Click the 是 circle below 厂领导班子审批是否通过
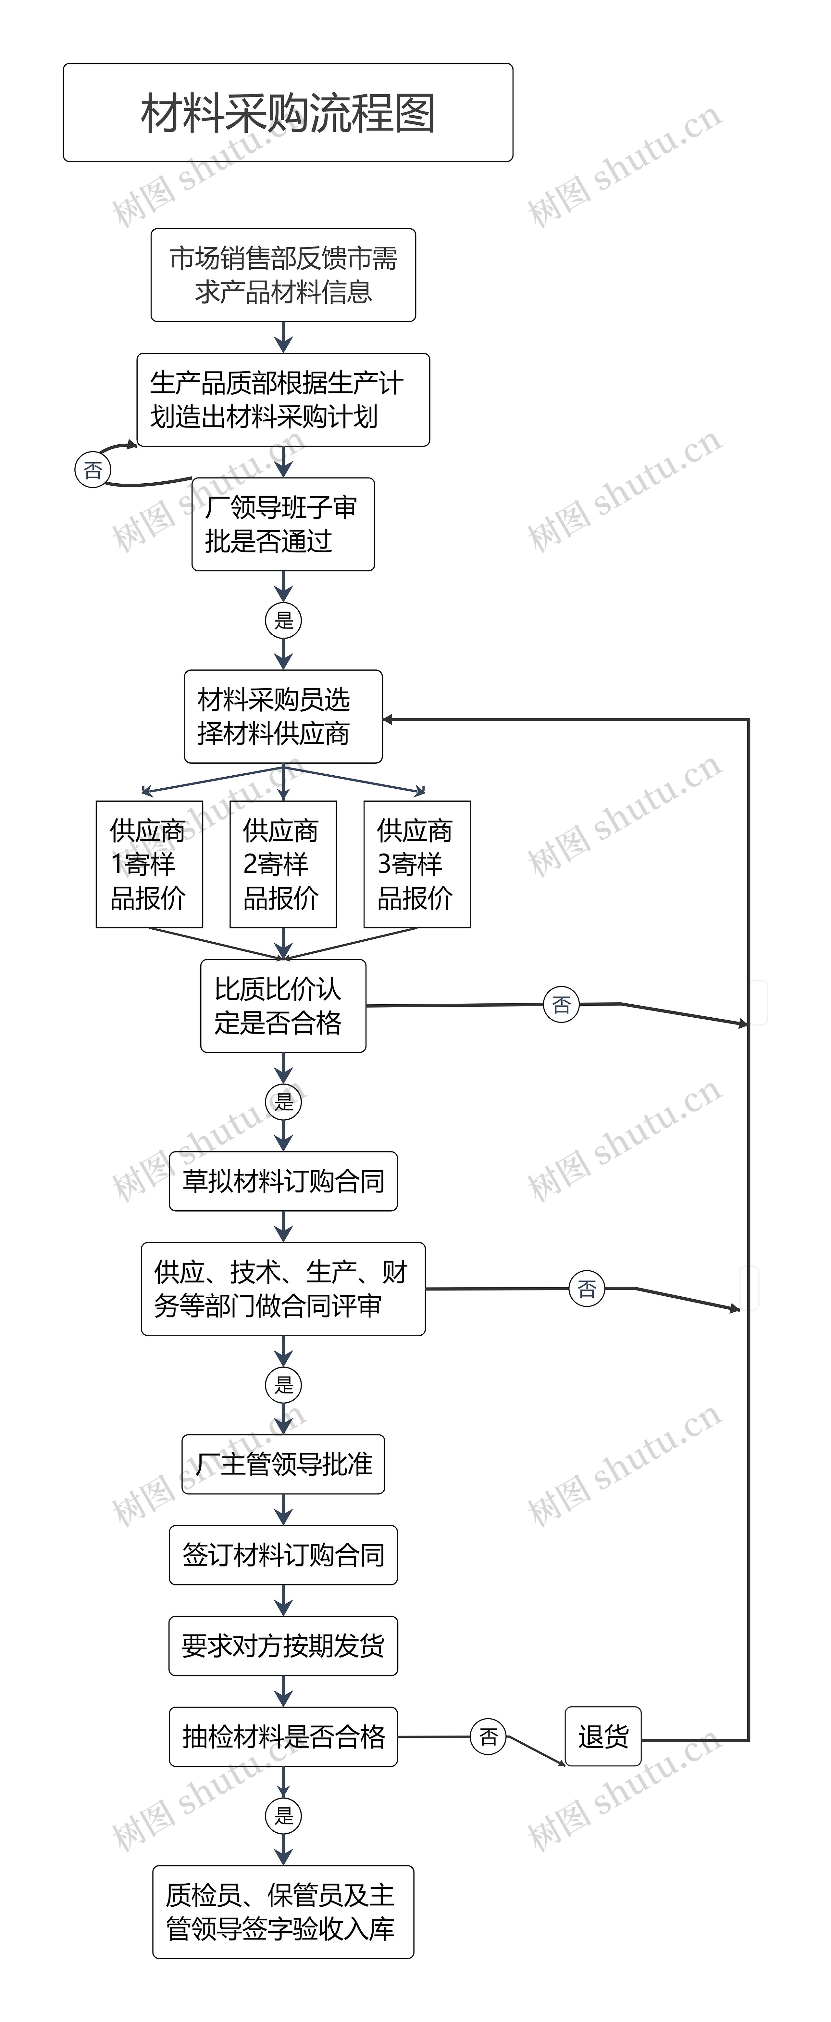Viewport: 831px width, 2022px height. [283, 620]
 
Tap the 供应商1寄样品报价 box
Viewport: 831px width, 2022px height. [149, 864]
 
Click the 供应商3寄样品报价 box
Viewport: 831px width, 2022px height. [417, 864]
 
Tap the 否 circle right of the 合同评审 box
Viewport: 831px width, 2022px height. [586, 1288]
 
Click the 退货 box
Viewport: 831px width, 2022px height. [603, 1736]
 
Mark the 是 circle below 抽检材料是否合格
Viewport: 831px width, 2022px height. [283, 1815]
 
